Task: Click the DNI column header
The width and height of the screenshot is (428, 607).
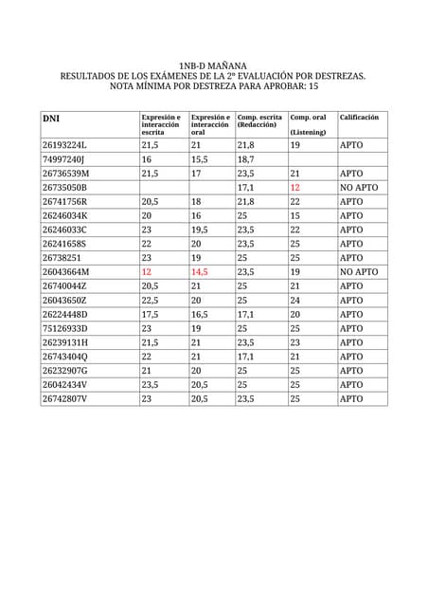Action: tap(51, 119)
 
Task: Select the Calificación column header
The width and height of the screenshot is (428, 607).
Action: tap(359, 117)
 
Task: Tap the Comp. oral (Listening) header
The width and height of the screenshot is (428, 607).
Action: tap(308, 124)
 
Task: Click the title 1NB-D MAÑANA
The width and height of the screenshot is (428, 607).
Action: tap(213, 64)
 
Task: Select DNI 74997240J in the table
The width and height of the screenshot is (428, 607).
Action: tap(63, 160)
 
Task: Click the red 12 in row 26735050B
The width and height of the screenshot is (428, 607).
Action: tap(294, 188)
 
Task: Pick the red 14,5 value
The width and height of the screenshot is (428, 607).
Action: tap(199, 272)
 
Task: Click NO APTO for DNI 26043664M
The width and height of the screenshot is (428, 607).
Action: tap(359, 272)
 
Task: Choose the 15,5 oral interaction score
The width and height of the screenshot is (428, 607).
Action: tap(199, 160)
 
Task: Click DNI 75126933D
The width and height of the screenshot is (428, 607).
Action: tap(65, 328)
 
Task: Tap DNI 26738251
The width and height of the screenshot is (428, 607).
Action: tap(62, 258)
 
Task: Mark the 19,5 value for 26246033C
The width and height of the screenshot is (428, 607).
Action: tap(199, 230)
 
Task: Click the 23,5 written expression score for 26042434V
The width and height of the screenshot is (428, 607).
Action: tap(150, 385)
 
